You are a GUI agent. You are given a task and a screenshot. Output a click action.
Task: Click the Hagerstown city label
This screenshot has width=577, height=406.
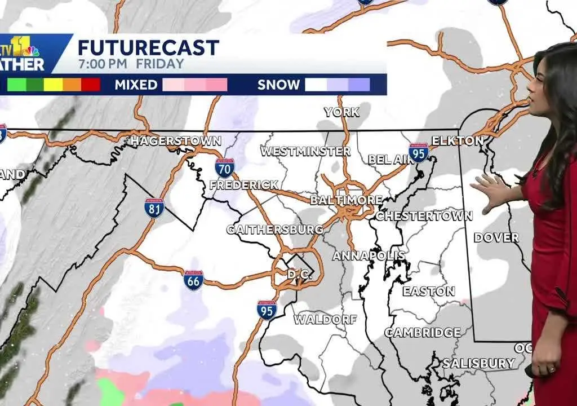[176, 141]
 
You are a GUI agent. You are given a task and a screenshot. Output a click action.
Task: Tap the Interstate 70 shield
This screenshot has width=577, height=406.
[224, 167]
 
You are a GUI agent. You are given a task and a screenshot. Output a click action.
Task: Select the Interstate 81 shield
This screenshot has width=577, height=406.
[154, 208]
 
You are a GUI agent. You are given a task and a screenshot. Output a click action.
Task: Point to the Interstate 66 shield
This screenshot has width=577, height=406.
[193, 280]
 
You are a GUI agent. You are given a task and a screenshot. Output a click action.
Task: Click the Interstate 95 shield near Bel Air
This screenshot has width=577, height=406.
[419, 153]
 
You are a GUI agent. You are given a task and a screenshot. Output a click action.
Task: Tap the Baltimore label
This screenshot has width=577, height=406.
[346, 200]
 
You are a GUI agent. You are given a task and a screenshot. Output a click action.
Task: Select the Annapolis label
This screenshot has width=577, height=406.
[369, 255]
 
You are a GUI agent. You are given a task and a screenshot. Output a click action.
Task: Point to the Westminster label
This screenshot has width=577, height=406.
[305, 151]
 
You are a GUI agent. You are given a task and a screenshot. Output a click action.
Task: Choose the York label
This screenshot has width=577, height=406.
[341, 112]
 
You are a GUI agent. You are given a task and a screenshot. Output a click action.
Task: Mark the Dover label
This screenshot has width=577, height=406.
[496, 237]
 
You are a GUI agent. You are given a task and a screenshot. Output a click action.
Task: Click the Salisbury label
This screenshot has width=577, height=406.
[478, 363]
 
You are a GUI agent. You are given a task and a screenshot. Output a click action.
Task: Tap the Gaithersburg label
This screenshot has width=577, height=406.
[274, 230]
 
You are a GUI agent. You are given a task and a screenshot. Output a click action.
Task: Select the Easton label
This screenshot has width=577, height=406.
[428, 291]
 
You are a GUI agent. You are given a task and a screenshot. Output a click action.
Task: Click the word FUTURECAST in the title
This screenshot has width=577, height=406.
[148, 47]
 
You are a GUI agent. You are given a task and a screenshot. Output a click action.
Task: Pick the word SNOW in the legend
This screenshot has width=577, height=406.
[278, 85]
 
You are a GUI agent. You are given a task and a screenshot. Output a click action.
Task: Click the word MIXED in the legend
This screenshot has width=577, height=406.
[136, 85]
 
